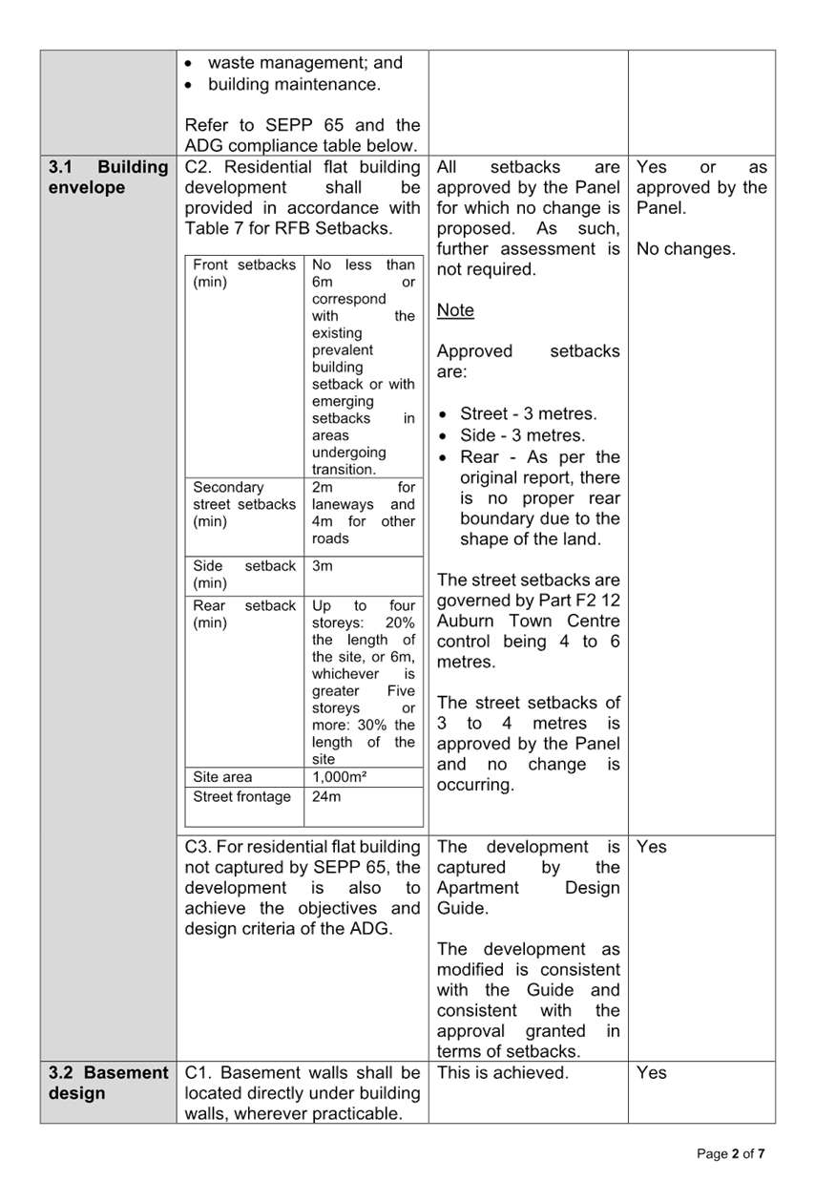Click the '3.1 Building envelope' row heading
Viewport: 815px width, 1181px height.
click(108, 178)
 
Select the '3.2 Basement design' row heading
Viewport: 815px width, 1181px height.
click(108, 1083)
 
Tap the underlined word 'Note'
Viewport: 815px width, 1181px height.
click(455, 310)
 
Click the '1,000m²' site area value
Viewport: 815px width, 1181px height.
click(339, 776)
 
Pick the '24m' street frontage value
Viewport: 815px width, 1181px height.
click(325, 796)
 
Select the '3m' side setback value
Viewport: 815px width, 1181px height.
click(323, 566)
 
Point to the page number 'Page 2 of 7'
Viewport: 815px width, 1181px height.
click(731, 1153)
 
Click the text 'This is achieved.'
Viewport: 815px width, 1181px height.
click(502, 1072)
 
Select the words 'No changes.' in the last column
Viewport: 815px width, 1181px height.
click(685, 248)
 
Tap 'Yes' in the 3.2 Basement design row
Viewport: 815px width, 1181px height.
click(651, 1072)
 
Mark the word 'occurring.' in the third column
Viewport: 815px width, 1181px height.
click(475, 785)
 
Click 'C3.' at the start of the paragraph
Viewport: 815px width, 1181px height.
click(198, 847)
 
